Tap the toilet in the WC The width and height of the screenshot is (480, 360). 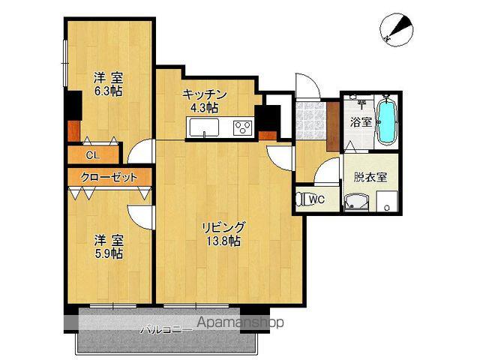coord(304,199)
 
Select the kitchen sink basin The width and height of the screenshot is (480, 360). coord(203,130)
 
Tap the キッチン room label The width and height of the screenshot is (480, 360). coord(204,94)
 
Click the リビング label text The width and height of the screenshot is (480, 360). coord(223,226)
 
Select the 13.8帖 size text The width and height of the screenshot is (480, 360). coord(223,241)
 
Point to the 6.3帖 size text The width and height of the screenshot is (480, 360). coord(108,91)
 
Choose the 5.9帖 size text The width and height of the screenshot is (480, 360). coord(108,253)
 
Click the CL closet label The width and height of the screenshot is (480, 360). coord(93,155)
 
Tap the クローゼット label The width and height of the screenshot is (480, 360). coord(111,178)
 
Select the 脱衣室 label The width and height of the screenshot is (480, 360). coord(370,177)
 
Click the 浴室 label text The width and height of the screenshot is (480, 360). coord(360,121)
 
